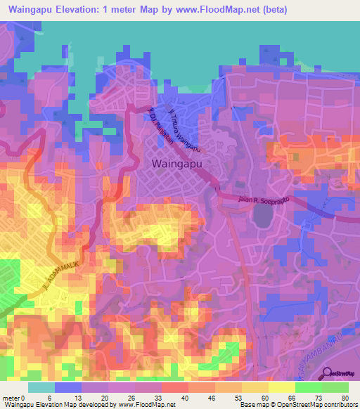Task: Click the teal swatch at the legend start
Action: coord(41,387)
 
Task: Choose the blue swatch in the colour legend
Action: coord(68,387)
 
